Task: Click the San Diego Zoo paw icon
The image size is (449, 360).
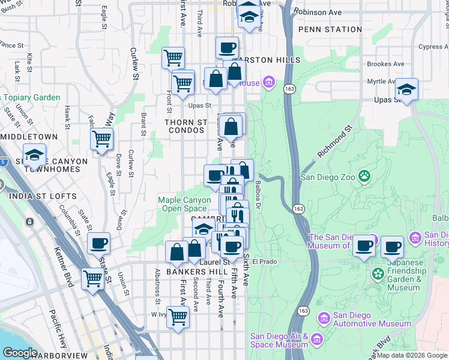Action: (x=364, y=176)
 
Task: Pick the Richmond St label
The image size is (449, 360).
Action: (x=334, y=142)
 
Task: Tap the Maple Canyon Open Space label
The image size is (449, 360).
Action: (x=184, y=204)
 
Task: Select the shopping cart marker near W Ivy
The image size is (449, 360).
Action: (x=178, y=316)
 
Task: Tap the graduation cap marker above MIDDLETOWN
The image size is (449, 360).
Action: (x=35, y=155)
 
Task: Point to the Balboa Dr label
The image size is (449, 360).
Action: (x=258, y=195)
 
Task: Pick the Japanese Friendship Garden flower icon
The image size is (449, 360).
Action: (x=378, y=274)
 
